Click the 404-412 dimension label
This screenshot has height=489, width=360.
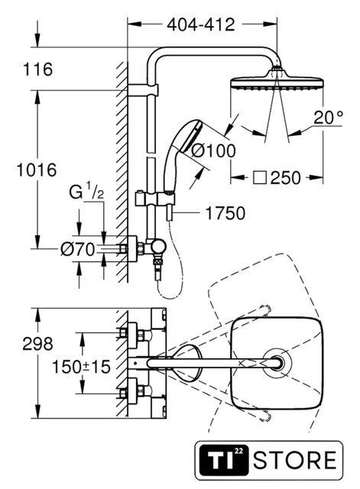point(200,24)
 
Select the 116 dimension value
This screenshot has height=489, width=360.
point(37,70)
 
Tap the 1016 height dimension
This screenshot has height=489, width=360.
point(37,170)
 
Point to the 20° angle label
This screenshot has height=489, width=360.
point(328,118)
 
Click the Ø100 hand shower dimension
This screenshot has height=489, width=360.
point(213,151)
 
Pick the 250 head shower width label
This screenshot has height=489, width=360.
point(285,178)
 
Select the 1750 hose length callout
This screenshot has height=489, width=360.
point(225,213)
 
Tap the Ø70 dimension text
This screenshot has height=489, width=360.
point(77,249)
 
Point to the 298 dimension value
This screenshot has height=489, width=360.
point(37,344)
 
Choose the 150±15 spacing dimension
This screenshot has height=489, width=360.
point(81,367)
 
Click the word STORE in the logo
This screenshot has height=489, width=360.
point(294,460)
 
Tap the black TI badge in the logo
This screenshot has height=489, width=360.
point(224,460)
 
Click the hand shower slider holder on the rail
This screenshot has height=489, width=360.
point(155,199)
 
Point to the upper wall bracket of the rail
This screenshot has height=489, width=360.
point(143,90)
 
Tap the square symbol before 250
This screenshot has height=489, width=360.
point(260,178)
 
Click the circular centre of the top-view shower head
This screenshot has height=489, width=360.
point(277,364)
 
